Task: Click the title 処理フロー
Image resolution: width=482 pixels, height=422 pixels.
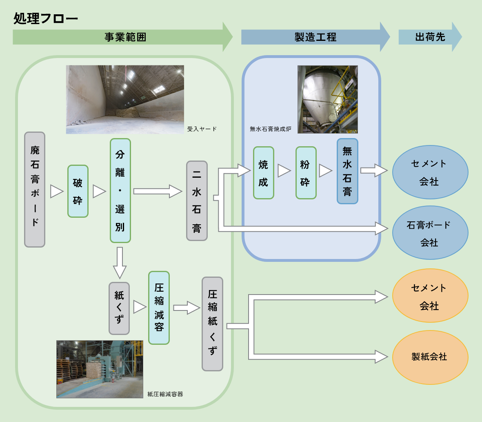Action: [46, 18]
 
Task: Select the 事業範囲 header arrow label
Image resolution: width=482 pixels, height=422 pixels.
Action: [125, 37]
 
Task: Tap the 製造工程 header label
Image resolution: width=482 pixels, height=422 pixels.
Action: [315, 37]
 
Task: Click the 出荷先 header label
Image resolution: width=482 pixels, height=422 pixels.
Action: [430, 37]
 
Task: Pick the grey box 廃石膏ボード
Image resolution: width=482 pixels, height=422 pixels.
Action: [35, 189]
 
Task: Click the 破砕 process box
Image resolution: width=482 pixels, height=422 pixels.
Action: [78, 191]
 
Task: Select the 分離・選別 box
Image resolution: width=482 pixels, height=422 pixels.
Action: [120, 190]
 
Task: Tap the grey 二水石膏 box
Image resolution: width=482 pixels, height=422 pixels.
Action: [197, 201]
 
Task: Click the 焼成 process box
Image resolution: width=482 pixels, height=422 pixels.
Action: [263, 173]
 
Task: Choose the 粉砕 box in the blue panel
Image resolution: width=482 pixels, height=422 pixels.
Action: [306, 173]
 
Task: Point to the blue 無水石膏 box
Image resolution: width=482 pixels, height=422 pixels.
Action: [347, 171]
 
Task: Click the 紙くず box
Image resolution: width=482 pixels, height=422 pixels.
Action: [119, 308]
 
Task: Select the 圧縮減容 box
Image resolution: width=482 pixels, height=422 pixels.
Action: [159, 308]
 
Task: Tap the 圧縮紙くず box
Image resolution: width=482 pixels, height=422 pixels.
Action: [212, 324]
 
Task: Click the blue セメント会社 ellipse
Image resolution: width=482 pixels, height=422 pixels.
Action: [430, 172]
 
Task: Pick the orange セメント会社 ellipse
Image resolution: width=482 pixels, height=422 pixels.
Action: [430, 296]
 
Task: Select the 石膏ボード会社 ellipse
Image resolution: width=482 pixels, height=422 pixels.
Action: [430, 233]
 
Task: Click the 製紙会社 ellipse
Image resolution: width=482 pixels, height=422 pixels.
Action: [430, 357]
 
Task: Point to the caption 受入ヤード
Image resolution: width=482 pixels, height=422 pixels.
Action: [202, 129]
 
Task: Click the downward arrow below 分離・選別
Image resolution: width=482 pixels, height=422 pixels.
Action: [120, 262]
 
